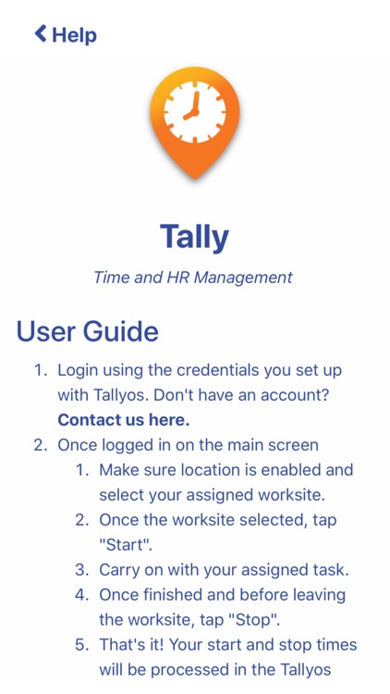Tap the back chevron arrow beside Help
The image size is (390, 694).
[40, 34]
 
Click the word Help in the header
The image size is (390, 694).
[74, 35]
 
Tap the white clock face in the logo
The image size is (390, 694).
[195, 112]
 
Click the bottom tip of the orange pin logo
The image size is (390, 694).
[195, 177]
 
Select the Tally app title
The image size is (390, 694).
[194, 236]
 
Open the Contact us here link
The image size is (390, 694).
[123, 419]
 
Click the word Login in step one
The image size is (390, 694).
[79, 370]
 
